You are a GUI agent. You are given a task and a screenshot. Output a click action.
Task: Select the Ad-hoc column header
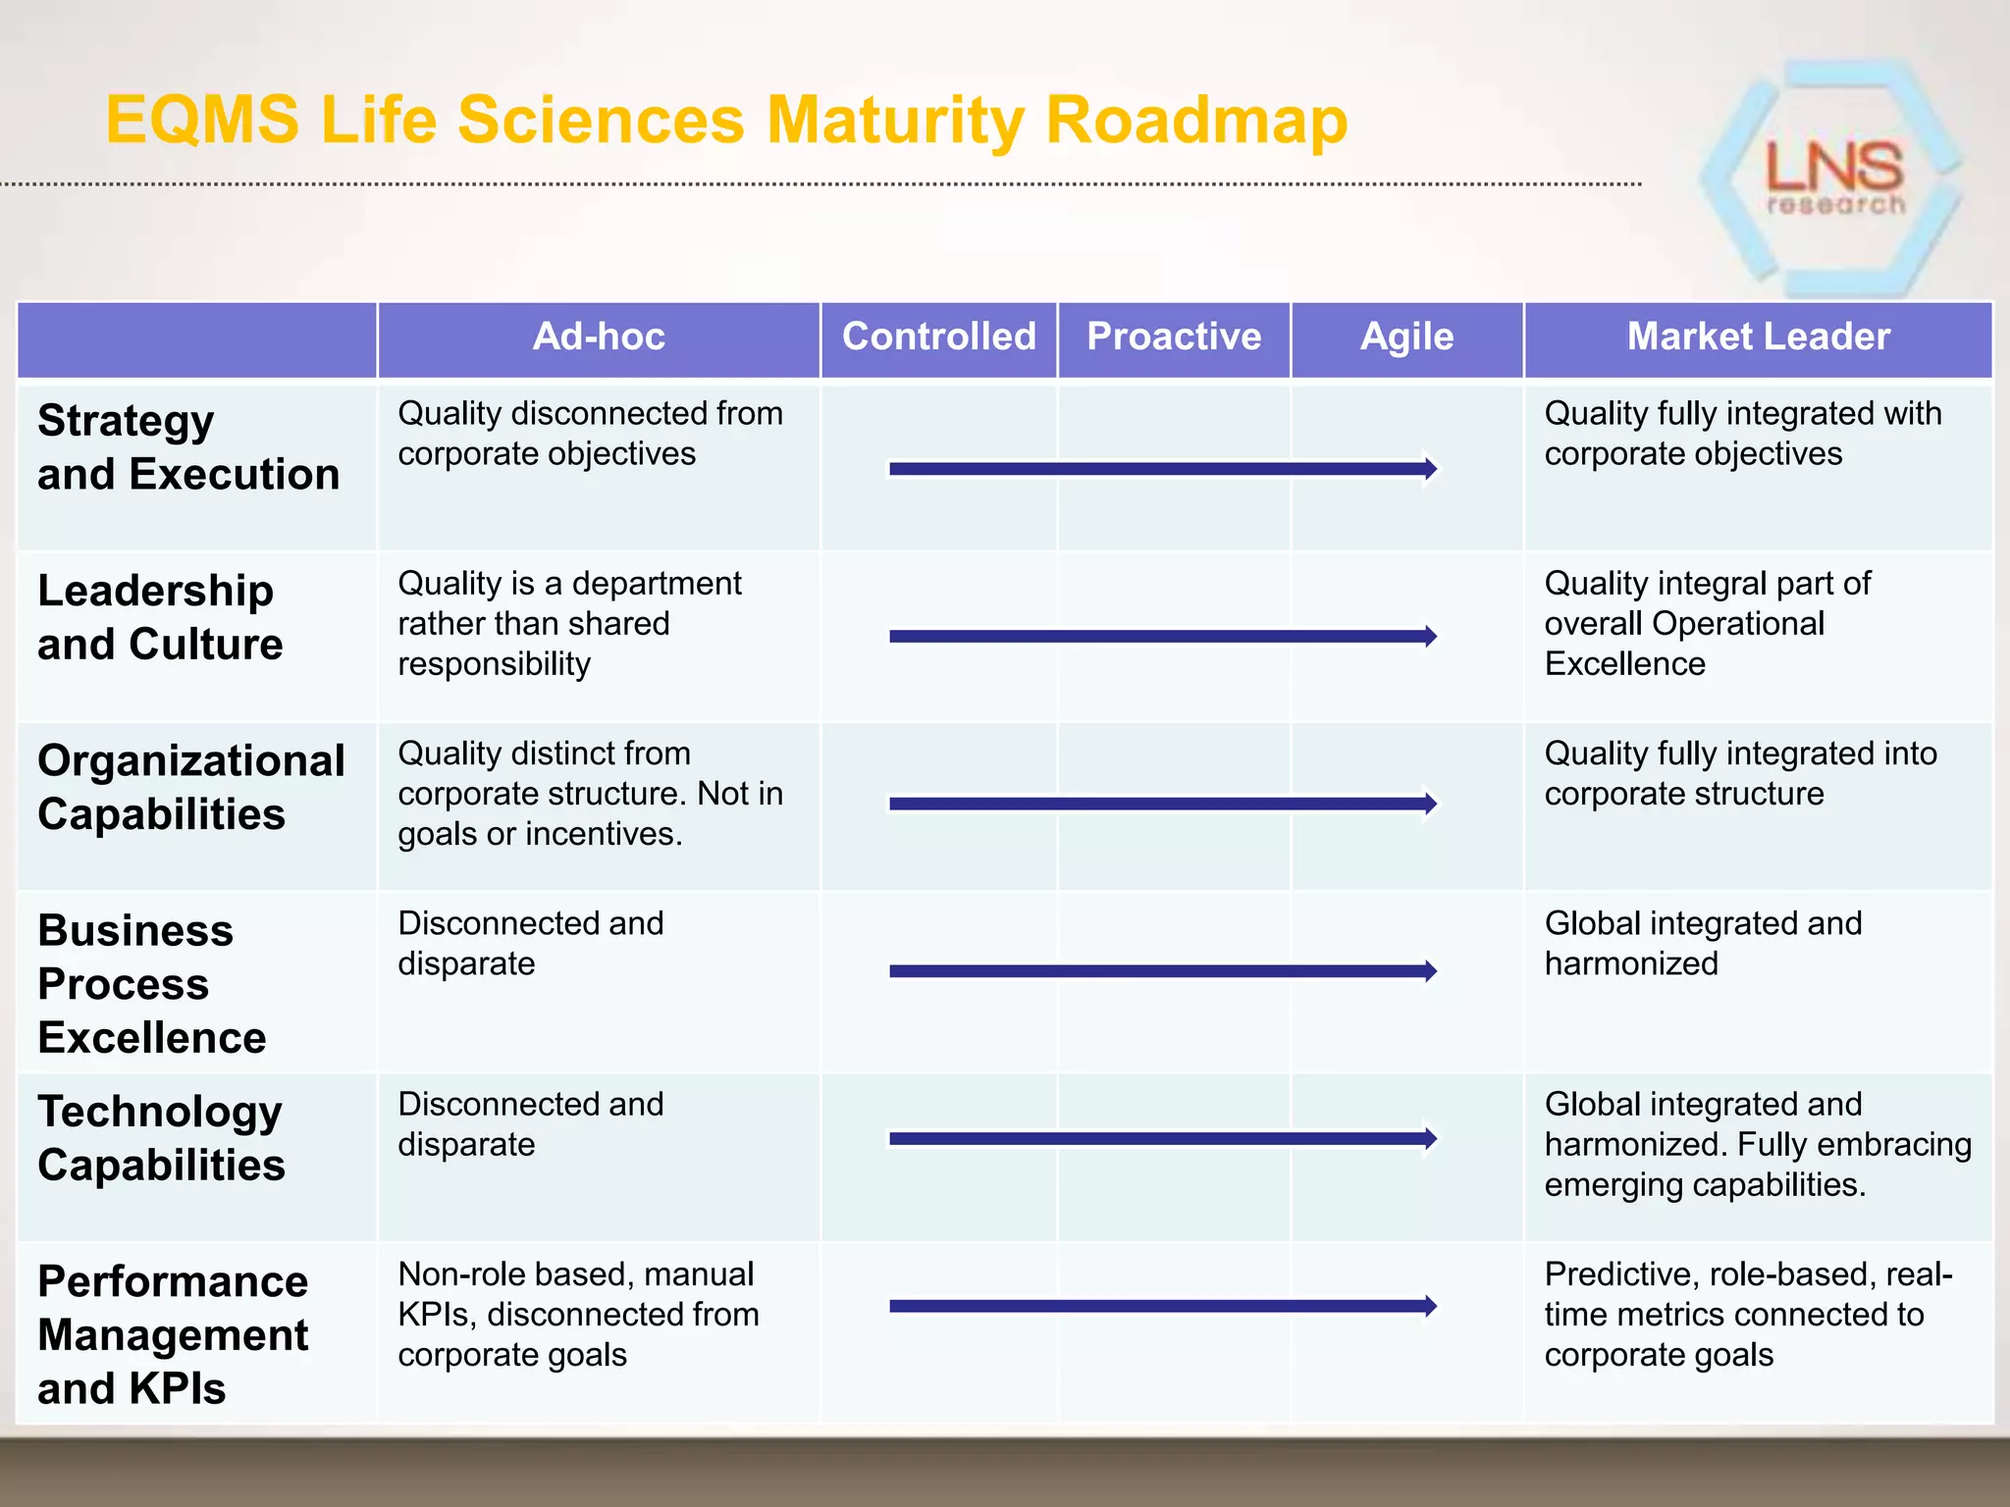(x=599, y=337)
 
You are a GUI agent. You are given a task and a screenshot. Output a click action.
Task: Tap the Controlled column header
(x=938, y=337)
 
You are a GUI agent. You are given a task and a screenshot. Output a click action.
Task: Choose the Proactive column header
(x=1174, y=337)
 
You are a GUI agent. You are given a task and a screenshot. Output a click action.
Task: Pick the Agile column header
(x=1406, y=337)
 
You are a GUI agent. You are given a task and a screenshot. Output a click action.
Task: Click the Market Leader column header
(x=1758, y=337)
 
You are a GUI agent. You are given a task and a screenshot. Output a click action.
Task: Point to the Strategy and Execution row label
(x=188, y=447)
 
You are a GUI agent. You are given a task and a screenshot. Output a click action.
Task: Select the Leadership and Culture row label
(x=160, y=617)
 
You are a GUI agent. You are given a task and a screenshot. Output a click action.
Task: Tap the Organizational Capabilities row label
(x=190, y=787)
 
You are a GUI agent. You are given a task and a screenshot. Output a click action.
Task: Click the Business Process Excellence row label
(x=151, y=983)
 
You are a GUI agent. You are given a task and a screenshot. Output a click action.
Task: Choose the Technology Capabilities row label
(x=161, y=1138)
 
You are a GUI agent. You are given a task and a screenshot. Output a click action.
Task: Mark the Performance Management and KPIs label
(x=173, y=1334)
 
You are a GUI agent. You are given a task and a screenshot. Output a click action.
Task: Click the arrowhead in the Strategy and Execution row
(x=1430, y=469)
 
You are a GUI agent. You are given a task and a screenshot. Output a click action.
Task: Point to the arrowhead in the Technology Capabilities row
(x=1430, y=1138)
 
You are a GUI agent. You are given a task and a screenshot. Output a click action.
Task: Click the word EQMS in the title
(x=202, y=120)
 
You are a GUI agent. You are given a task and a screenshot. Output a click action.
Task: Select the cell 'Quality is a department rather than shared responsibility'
(x=569, y=624)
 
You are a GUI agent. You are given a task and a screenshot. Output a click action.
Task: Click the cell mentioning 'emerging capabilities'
(x=1757, y=1144)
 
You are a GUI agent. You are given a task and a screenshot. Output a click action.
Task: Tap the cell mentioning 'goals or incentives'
(x=589, y=794)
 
